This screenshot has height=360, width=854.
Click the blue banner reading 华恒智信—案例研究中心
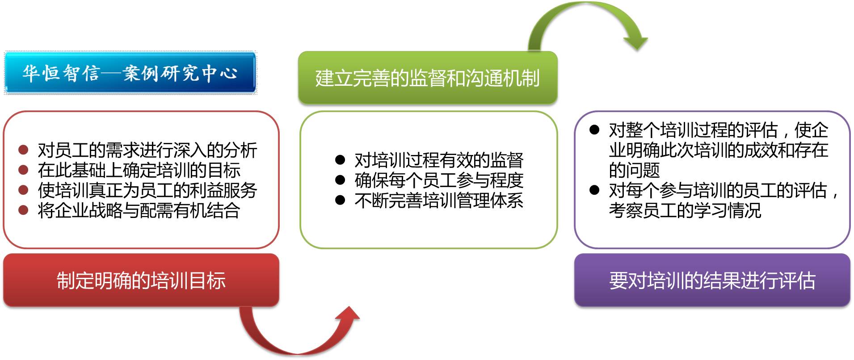(130, 73)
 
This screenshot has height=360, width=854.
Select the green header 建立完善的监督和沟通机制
(428, 78)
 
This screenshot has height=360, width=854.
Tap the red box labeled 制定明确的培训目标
(141, 280)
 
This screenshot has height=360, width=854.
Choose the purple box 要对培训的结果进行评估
(712, 280)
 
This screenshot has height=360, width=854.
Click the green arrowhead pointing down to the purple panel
(635, 42)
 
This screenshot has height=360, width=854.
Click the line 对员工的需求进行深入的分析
(147, 150)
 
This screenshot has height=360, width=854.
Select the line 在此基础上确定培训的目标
(139, 170)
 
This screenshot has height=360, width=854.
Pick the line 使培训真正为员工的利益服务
(147, 190)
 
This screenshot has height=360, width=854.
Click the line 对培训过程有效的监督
(439, 160)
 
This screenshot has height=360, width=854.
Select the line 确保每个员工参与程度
(439, 180)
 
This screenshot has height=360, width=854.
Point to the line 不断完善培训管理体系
(439, 200)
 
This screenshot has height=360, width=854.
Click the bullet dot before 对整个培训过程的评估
(594, 130)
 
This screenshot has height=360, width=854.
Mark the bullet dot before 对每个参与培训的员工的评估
(594, 190)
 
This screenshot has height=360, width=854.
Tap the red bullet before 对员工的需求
(23, 150)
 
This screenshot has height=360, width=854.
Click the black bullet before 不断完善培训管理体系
(340, 200)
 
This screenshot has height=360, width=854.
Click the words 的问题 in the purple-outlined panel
(634, 170)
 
